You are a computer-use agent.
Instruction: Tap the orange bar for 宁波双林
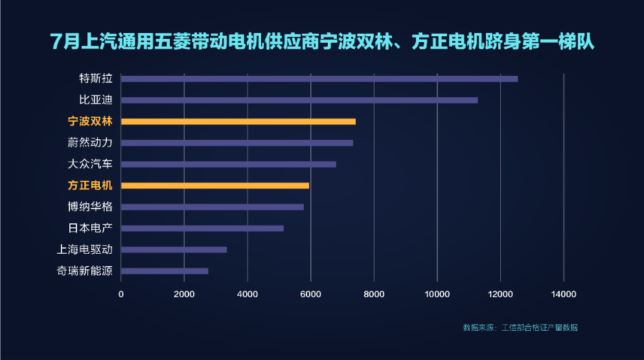pos(238,122)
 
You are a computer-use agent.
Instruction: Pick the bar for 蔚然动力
pos(237,143)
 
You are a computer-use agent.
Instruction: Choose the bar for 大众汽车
pos(229,164)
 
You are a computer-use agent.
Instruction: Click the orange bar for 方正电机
pos(215,186)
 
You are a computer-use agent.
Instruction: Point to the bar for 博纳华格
pos(213,207)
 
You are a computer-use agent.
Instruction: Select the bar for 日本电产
pos(202,229)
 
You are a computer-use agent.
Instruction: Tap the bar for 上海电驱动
pos(174,250)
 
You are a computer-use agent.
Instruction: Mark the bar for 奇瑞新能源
pos(165,271)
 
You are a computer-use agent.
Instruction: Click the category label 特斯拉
pos(96,79)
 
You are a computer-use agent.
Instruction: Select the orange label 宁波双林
pos(90,122)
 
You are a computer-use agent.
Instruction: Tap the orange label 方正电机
pos(90,186)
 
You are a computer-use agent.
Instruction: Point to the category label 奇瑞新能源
pos(85,271)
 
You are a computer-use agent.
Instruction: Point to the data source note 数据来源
pos(520,328)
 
